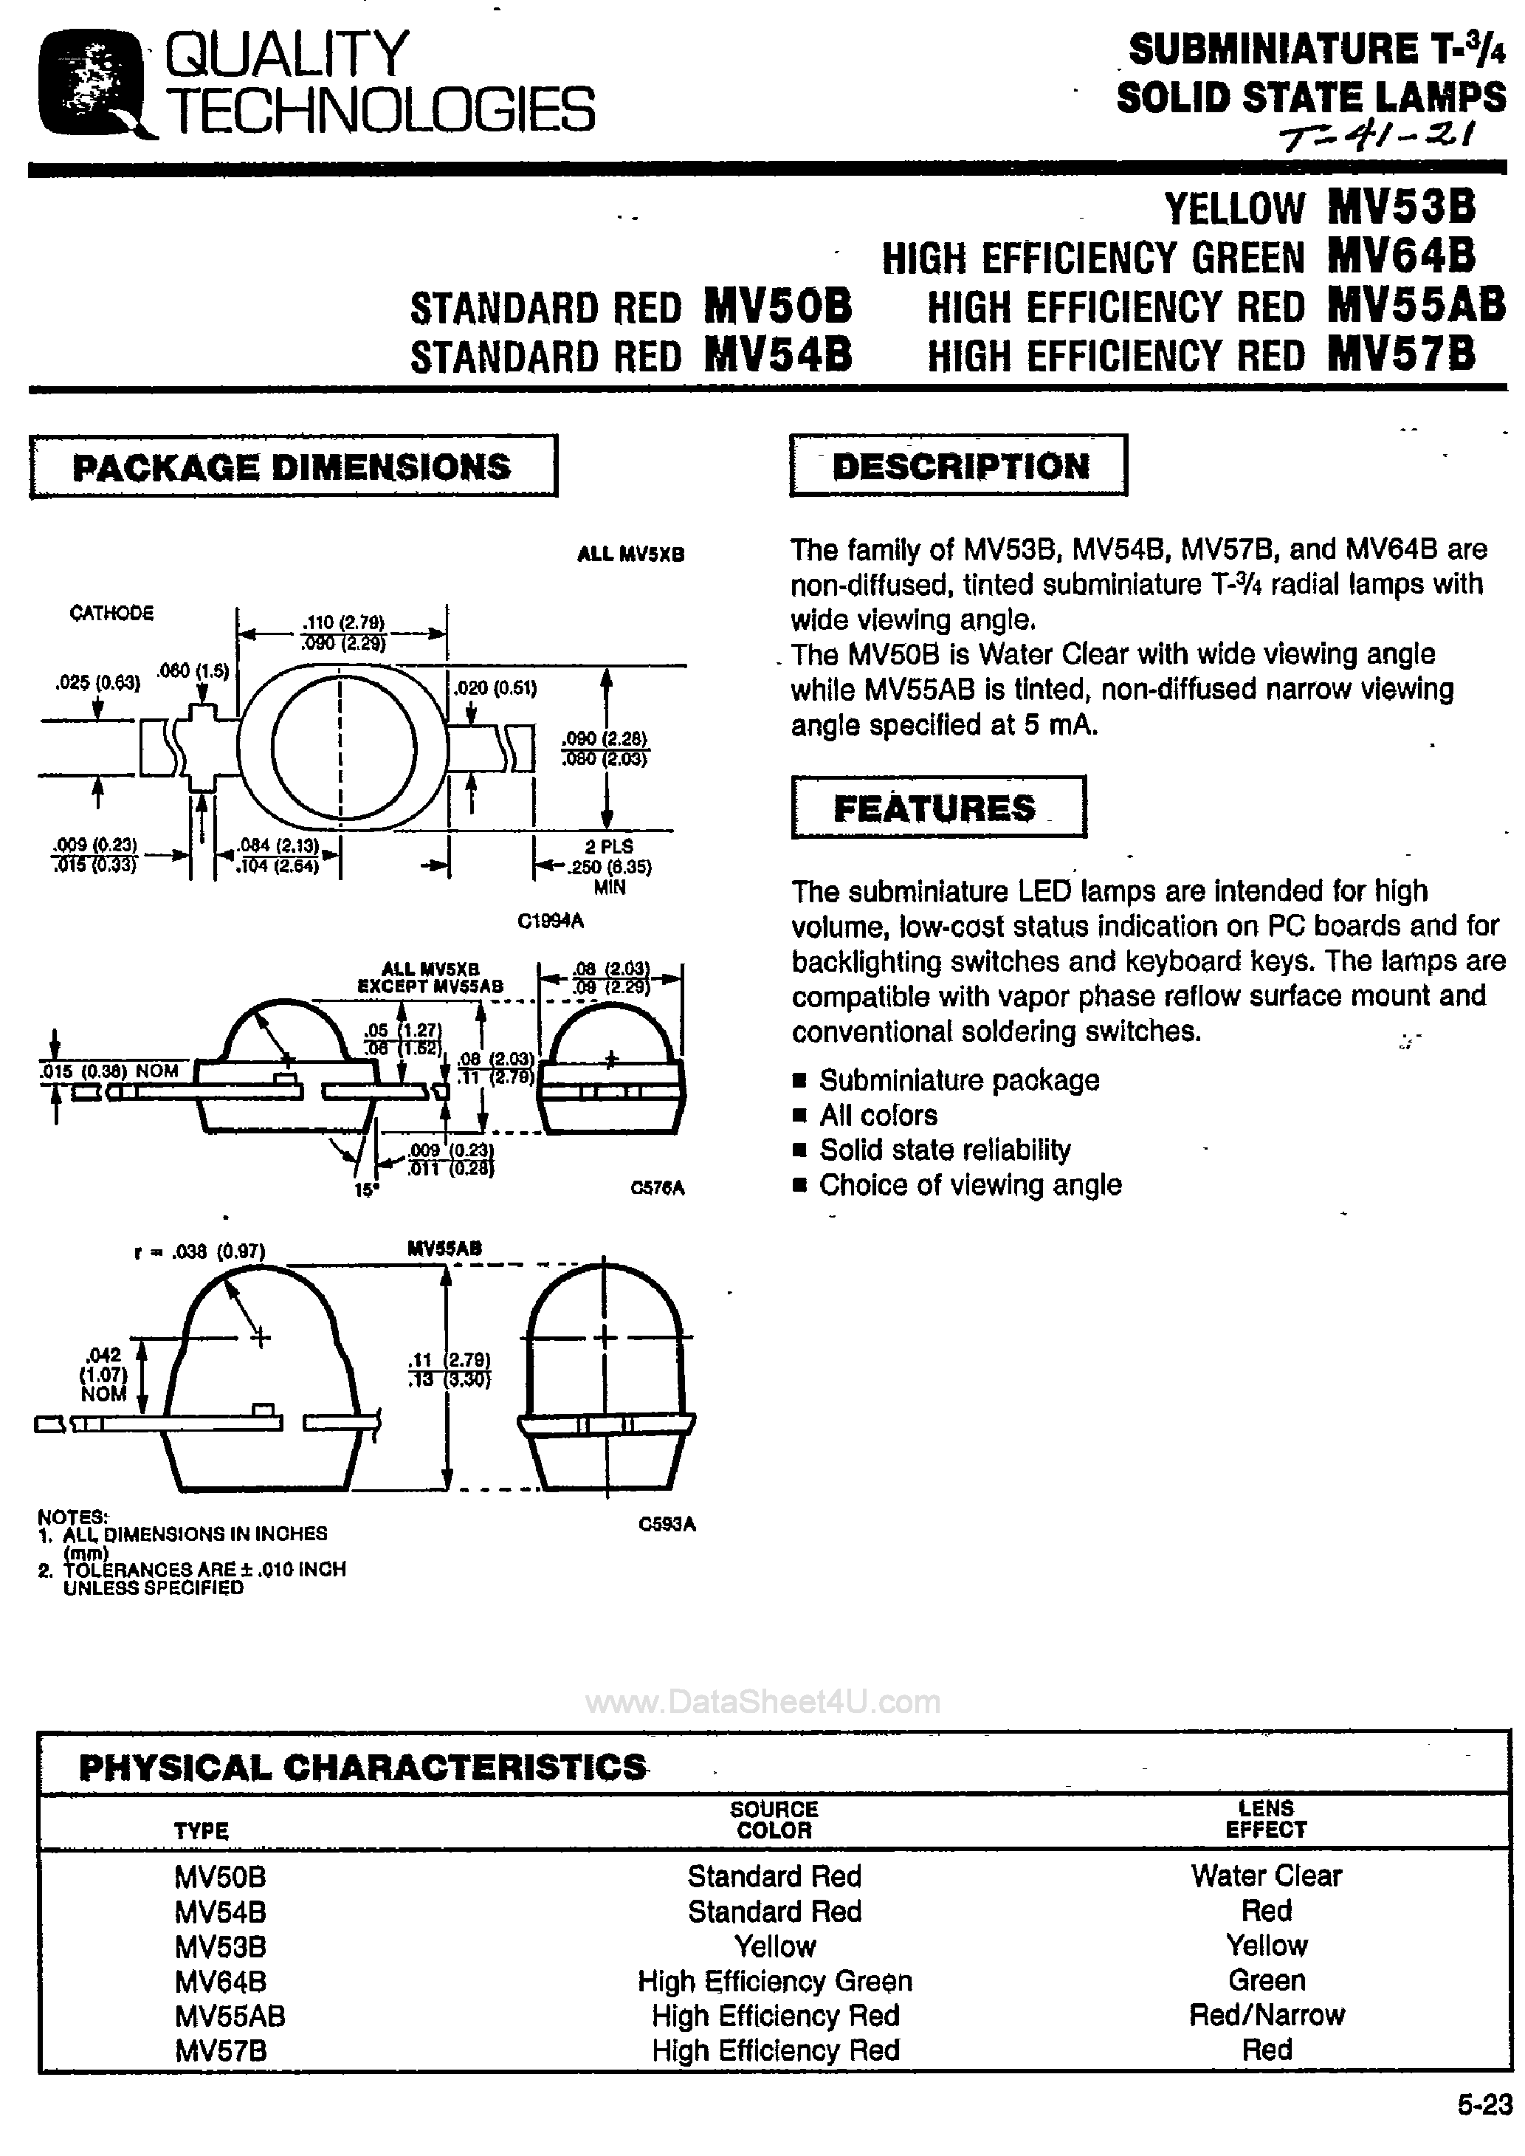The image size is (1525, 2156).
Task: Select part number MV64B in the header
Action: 1401,255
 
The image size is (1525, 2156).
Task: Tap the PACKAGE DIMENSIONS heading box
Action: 292,467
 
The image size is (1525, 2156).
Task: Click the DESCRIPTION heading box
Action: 959,466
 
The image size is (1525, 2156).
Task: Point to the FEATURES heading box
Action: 937,808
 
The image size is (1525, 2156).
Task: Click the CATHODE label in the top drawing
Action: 111,612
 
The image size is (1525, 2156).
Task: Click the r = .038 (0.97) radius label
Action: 199,1251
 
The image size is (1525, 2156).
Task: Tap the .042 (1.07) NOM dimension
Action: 103,1374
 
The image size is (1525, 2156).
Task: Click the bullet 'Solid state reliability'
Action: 944,1150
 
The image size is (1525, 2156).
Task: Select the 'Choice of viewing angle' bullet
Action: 969,1185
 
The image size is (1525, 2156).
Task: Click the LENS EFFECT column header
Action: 1265,1818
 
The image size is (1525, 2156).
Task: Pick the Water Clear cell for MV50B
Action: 1266,1875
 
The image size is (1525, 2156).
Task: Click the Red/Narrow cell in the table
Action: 1266,2015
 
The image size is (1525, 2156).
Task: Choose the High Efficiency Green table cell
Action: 775,1980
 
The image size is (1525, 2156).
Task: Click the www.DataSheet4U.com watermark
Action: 762,1701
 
